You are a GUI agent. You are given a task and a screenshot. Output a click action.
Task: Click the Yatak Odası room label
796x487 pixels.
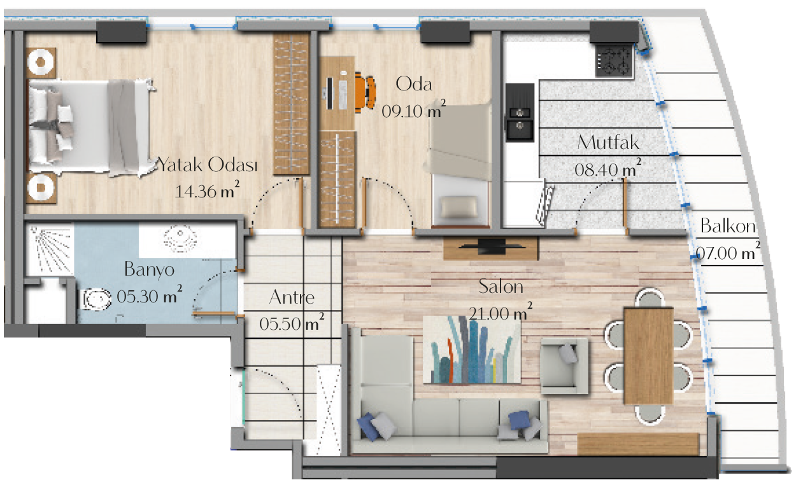[208, 165]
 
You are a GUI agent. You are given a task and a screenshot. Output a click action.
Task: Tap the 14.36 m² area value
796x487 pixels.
[207, 190]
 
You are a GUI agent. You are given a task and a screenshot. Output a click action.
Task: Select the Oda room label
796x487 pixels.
[414, 84]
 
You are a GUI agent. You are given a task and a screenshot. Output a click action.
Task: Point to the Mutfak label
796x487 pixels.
[608, 143]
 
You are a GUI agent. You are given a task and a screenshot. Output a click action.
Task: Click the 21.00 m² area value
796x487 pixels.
[501, 312]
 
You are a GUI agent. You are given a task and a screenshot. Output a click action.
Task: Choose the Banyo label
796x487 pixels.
[149, 270]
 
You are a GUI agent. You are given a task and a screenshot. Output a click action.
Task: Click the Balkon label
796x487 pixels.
[728, 226]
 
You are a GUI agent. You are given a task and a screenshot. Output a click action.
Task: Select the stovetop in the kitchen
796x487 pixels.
[615, 60]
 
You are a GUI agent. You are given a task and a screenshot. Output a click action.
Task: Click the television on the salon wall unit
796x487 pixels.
[491, 246]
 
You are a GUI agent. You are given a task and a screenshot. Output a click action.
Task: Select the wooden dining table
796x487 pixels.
[649, 356]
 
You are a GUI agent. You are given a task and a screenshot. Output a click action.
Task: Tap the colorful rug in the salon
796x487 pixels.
[472, 350]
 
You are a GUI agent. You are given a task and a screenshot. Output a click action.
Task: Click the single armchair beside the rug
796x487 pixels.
[564, 366]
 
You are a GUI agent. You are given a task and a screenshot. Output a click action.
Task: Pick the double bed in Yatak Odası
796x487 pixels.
[90, 127]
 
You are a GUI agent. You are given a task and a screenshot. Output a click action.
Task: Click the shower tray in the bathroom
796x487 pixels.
[50, 250]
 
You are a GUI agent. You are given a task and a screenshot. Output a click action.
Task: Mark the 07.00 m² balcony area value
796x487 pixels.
[728, 252]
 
